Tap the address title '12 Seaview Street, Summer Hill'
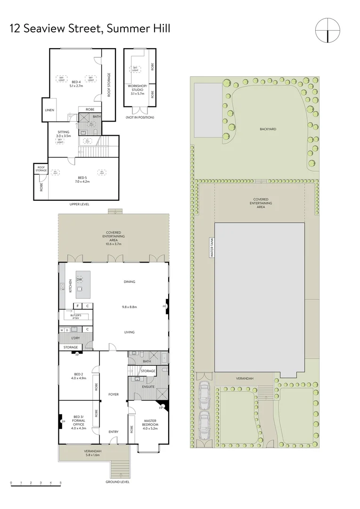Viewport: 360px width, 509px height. [x=90, y=29]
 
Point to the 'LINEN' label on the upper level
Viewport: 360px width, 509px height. [x=49, y=110]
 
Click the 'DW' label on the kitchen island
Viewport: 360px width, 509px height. [x=79, y=279]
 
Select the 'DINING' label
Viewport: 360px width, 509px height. [x=130, y=282]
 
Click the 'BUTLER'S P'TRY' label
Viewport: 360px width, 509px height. [x=76, y=317]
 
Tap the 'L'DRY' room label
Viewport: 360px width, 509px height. [x=76, y=339]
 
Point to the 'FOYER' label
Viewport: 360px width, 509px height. [x=114, y=394]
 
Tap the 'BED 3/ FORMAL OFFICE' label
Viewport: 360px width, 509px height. [x=77, y=422]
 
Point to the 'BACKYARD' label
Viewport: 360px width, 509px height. [x=267, y=129]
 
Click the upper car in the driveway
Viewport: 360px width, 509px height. [x=205, y=392]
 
